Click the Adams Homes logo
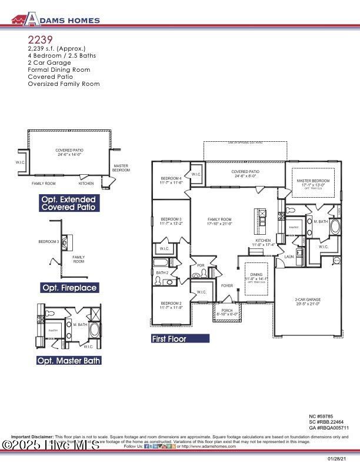pos(56,19)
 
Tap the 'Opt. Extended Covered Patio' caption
pos(68,203)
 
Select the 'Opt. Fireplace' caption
pos(69,288)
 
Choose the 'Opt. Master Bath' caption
pos(69,360)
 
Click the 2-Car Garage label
pos(308,302)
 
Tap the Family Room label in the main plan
pos(220,221)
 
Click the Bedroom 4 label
pos(172,180)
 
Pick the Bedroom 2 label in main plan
pos(171,305)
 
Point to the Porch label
pos(226,312)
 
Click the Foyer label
pos(227,286)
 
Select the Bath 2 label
pos(162,273)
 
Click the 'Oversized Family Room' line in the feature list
pos(64,84)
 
